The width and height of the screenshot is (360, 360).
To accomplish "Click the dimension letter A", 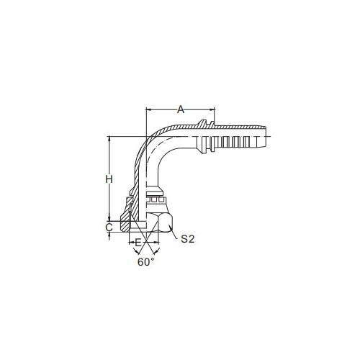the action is pos(181,109).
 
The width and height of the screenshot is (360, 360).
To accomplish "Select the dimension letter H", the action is pos(109,179).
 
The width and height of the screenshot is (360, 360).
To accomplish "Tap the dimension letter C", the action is pos(109,227).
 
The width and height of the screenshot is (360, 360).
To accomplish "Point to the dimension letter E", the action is pos(138,243).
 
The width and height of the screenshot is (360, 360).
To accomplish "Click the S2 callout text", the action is pos(187,238).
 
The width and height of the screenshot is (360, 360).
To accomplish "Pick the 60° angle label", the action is pos(145,262).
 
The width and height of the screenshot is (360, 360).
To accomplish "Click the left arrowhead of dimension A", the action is pos(149,109).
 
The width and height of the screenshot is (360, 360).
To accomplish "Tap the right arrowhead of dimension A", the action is pos(212,109).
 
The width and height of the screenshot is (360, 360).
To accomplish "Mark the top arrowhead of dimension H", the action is pos(109,139).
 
